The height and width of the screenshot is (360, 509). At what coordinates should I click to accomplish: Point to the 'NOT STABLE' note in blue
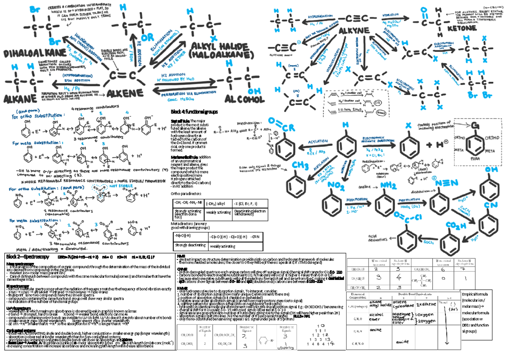coord(112,185)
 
